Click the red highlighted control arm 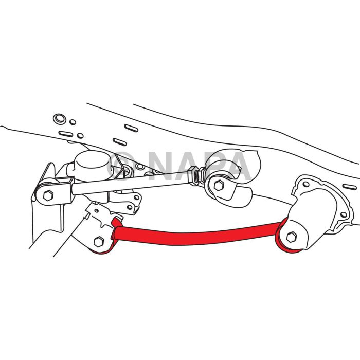(195, 234)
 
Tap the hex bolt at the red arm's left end (99, 242)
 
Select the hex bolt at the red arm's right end (292, 237)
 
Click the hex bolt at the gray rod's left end (48, 195)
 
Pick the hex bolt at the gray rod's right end (219, 185)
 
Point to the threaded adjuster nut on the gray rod (195, 176)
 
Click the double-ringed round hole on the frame (60, 119)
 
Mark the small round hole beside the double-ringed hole (73, 122)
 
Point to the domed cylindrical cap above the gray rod (92, 163)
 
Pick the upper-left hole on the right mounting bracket (306, 184)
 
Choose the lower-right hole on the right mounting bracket (344, 214)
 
